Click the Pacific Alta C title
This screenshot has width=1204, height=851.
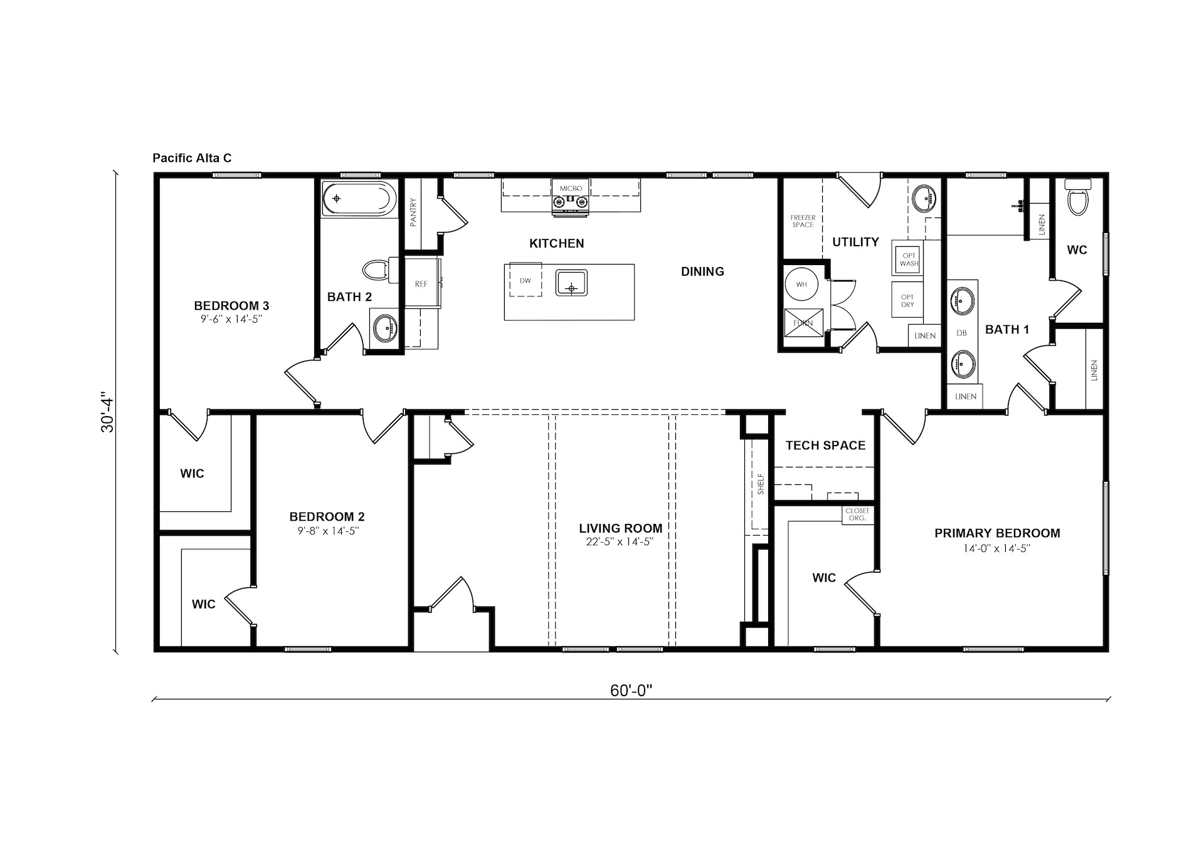coord(192,158)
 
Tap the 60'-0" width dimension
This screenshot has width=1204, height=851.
coord(631,691)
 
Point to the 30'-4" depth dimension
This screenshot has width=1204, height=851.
coord(107,414)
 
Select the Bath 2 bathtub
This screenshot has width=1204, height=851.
coord(359,199)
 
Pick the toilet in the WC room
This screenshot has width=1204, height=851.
coord(1077,197)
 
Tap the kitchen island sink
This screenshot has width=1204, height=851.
coord(571,283)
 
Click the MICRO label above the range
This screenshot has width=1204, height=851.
coord(571,188)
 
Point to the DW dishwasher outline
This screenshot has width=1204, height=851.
coord(525,280)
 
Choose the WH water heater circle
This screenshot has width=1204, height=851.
coord(801,284)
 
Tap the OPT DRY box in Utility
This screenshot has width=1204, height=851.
coord(907,301)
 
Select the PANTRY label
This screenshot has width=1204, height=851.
coord(413,212)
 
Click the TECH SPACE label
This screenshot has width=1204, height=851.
coord(825,446)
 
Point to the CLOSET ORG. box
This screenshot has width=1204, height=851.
coord(857,514)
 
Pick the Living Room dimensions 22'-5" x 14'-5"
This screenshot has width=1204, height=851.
coord(620,542)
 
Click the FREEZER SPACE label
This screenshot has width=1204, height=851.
coord(803,221)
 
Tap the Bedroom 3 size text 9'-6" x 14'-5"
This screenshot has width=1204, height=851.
coord(231,319)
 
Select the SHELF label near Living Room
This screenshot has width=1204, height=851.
coord(761,484)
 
